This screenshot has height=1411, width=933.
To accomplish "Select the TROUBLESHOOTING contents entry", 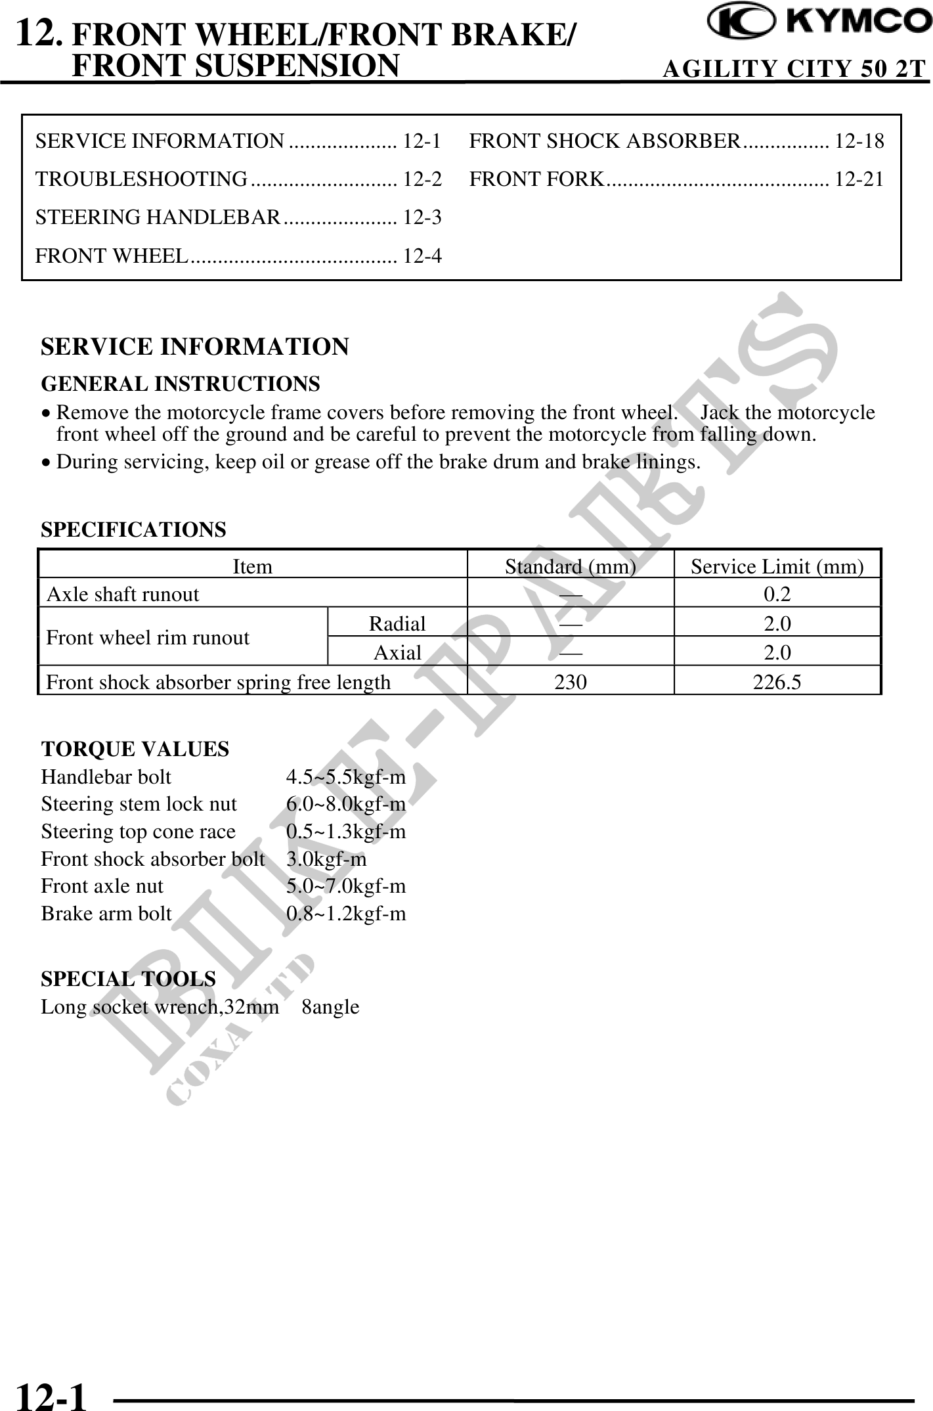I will click(x=142, y=179).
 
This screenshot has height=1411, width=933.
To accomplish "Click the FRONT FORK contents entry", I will click(x=536, y=179).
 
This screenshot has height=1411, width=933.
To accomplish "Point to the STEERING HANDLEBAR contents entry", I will click(x=158, y=217).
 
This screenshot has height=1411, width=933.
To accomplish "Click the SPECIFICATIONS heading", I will click(x=133, y=529).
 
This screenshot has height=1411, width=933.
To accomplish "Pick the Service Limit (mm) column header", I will click(x=777, y=566).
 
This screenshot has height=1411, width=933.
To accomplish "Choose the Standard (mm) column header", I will click(x=570, y=566).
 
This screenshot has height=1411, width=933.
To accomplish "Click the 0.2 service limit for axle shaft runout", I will click(x=777, y=594).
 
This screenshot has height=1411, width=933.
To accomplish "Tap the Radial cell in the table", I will click(x=397, y=623).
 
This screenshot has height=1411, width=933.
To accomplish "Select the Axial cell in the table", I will click(x=397, y=652).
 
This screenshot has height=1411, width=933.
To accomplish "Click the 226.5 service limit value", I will click(x=777, y=683).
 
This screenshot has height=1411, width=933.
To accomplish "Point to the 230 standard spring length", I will click(x=571, y=683).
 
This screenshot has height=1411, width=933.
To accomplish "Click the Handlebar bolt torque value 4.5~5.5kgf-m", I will click(x=346, y=777).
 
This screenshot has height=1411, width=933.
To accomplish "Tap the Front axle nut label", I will click(x=102, y=886).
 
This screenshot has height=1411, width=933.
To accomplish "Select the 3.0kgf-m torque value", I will click(x=326, y=859).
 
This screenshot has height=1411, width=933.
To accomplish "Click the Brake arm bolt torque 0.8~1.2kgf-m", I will click(x=346, y=914).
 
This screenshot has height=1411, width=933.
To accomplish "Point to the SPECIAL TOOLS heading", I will click(x=128, y=979).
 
